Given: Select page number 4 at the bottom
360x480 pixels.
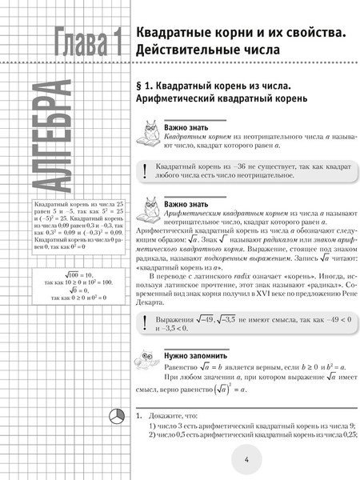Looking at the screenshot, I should click(x=247, y=459).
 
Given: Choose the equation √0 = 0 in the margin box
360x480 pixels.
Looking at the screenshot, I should click(x=82, y=291).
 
